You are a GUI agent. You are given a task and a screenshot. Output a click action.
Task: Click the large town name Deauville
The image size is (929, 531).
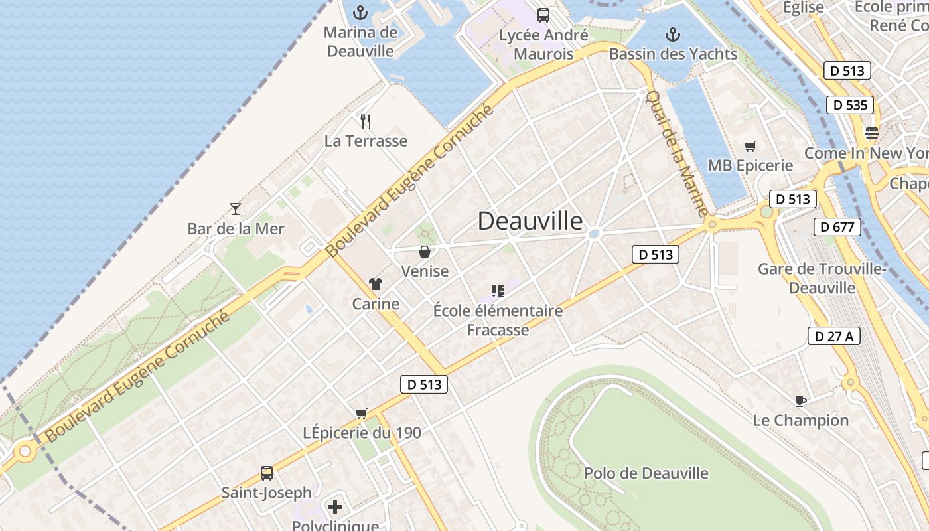click(530, 221)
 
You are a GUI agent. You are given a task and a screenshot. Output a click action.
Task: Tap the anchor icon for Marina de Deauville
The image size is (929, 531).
click(360, 13)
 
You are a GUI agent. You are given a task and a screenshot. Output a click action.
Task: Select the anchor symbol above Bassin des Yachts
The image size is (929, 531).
click(673, 35)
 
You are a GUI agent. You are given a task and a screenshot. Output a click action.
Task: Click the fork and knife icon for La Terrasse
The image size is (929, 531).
click(365, 121)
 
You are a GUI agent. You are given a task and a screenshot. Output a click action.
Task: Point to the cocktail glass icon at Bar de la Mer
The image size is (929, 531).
click(236, 209)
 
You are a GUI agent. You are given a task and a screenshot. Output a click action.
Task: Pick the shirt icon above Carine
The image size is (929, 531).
click(376, 285)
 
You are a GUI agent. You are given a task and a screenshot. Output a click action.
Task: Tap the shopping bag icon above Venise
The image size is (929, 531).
click(425, 252)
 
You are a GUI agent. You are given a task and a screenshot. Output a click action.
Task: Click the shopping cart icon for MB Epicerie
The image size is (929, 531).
click(750, 146)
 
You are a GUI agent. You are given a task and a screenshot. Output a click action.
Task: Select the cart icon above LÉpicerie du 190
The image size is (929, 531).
click(362, 414)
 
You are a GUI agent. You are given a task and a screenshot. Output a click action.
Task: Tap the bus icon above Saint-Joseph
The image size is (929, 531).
click(267, 473)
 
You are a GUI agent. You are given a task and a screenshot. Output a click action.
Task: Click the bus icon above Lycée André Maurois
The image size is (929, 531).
click(543, 15)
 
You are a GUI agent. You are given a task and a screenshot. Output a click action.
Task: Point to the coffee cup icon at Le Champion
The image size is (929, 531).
click(801, 401)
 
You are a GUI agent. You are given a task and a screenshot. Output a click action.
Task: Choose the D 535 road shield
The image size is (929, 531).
click(850, 105)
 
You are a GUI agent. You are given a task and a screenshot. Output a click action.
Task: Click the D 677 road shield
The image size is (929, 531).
click(837, 227)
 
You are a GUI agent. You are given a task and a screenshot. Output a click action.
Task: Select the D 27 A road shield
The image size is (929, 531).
click(834, 336)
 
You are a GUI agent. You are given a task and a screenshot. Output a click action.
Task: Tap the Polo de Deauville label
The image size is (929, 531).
click(646, 473)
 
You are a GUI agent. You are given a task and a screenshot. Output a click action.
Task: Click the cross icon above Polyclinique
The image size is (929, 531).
click(336, 508)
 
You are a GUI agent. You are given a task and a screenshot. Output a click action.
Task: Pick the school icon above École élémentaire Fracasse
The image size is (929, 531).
click(498, 291)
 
